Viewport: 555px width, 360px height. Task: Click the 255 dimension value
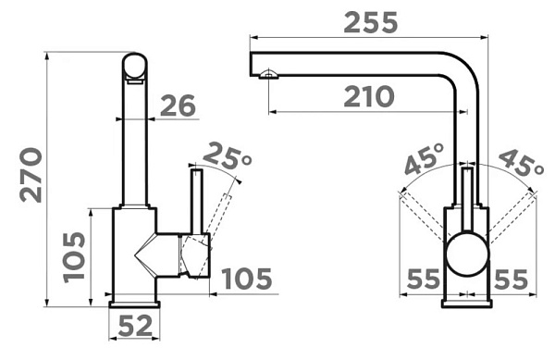point(371,23)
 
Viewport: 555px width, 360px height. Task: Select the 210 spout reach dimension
point(368,96)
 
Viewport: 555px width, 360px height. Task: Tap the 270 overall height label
point(31,175)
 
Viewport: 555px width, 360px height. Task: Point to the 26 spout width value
point(178,106)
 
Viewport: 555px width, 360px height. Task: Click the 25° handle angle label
point(227,155)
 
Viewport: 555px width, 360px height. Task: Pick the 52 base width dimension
point(135,326)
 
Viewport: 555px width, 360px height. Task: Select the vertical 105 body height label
point(74,257)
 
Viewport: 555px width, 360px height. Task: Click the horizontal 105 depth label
point(247,279)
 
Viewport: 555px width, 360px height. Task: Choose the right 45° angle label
point(520,163)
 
